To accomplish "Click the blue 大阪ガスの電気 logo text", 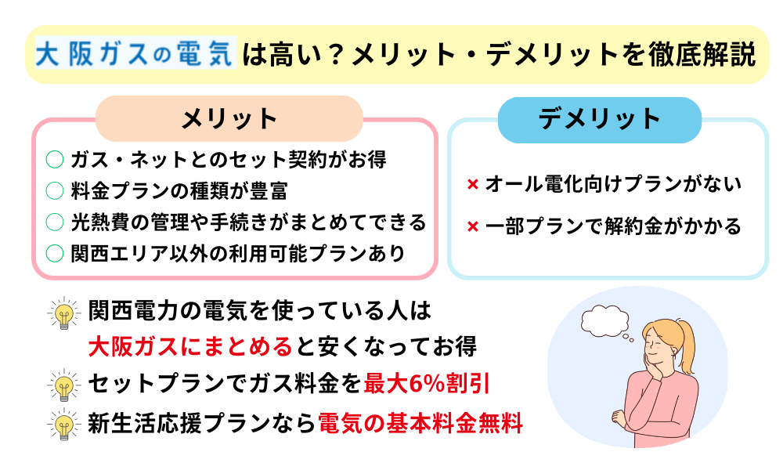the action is click(x=135, y=53).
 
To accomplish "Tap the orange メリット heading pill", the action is click(x=229, y=118).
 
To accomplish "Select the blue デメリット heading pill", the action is click(x=600, y=120).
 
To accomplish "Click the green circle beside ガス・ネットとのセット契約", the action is click(x=55, y=160).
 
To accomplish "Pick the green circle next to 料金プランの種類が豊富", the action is click(x=55, y=191).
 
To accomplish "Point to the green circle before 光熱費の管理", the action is click(x=55, y=222).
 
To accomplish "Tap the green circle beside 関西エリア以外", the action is click(x=55, y=253).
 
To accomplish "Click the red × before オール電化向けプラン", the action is click(x=472, y=185).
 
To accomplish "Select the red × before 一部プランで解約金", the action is click(x=472, y=226).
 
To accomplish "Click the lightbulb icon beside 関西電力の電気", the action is click(x=64, y=313).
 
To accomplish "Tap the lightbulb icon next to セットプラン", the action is click(x=64, y=385).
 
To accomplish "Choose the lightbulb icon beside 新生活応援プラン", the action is click(x=64, y=425).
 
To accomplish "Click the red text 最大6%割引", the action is click(x=426, y=384).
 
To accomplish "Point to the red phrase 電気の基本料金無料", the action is click(x=420, y=424).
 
